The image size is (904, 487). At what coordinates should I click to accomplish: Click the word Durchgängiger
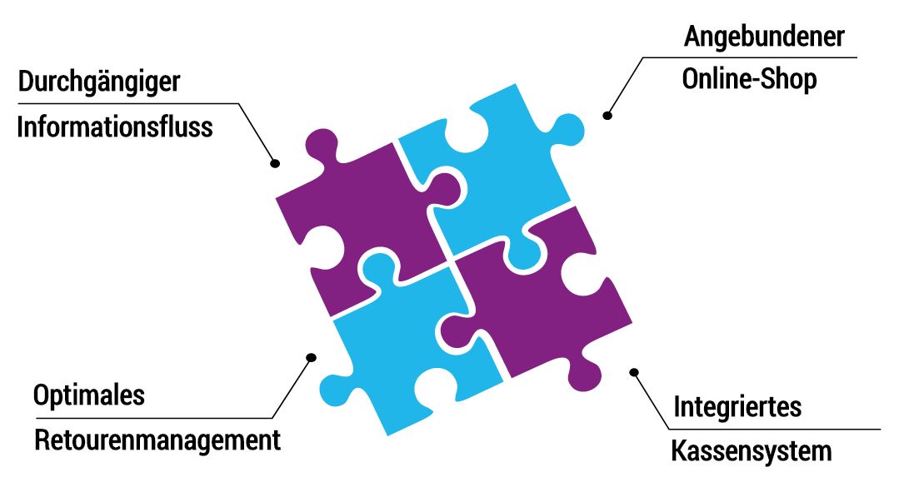pyautogui.click(x=99, y=83)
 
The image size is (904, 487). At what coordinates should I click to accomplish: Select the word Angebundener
pyautogui.click(x=764, y=37)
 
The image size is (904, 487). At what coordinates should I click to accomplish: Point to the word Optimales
pyautogui.click(x=88, y=395)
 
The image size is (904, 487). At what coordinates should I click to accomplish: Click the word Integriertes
pyautogui.click(x=737, y=407)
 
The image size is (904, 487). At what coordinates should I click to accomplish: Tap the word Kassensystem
pyautogui.click(x=752, y=451)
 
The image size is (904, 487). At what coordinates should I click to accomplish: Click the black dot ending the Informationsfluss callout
pyautogui.click(x=274, y=164)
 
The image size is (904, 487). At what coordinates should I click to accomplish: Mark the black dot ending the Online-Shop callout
pyautogui.click(x=608, y=115)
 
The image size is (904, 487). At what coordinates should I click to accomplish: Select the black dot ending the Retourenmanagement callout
pyautogui.click(x=312, y=357)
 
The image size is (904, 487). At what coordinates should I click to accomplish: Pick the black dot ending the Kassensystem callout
pyautogui.click(x=633, y=372)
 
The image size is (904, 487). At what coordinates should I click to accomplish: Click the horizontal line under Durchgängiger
pyautogui.click(x=125, y=104)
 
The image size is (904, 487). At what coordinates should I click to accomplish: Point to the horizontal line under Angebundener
pyautogui.click(x=750, y=57)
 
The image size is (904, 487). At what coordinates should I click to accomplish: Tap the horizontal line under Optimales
pyautogui.click(x=150, y=417)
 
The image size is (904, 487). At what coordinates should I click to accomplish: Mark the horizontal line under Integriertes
pyautogui.click(x=775, y=430)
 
